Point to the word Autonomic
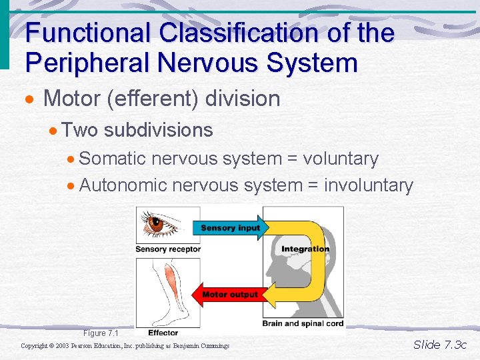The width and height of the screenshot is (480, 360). tap(123, 185)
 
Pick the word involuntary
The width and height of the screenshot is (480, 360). tap(369, 185)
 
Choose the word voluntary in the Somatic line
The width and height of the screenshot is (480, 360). tap(341, 159)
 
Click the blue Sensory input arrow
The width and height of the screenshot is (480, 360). tap(231, 228)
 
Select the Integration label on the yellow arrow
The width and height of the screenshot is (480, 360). tap(305, 249)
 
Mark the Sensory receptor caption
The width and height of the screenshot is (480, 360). tap(167, 249)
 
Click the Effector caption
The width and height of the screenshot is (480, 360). tap(163, 333)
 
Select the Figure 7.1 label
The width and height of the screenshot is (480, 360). tap(101, 333)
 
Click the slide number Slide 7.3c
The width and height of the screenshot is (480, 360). tap(440, 345)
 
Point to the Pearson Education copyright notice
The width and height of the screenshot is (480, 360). tap(125, 346)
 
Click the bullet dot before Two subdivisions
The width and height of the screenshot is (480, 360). tap(54, 130)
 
